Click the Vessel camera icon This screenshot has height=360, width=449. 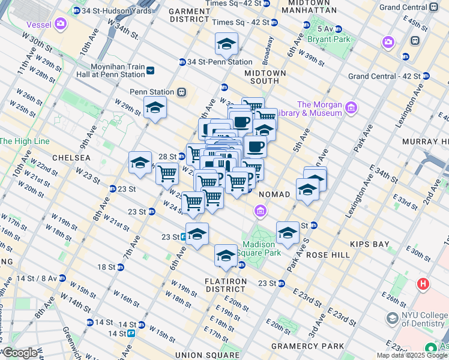tap(59, 24)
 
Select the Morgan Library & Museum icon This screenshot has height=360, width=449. tap(351, 109)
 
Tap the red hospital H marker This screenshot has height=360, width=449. tap(424, 283)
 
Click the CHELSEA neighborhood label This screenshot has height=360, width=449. tap(71, 157)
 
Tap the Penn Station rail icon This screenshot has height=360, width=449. tap(181, 92)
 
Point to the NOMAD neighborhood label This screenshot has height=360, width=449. tap(274, 194)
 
